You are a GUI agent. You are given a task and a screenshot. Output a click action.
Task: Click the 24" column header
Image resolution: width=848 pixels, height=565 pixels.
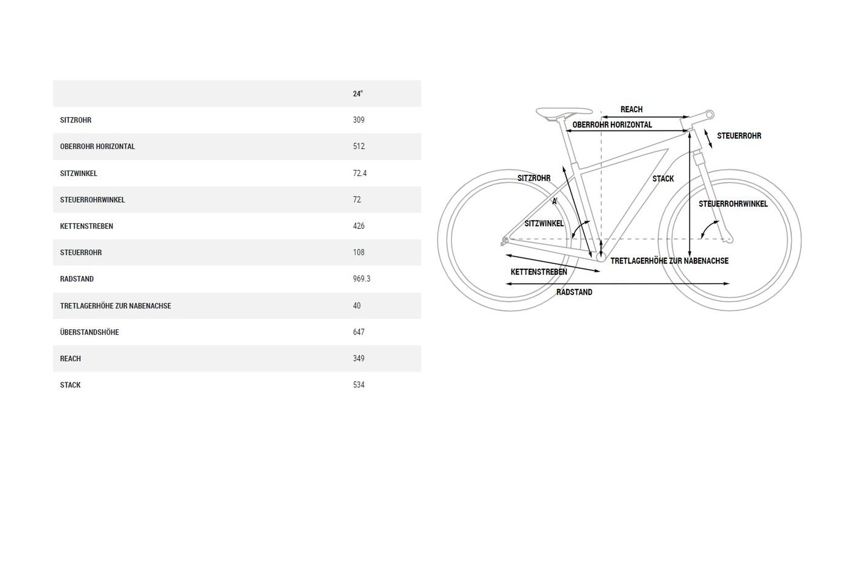click(358, 94)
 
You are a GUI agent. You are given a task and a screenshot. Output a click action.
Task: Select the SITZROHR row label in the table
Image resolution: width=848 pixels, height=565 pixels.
click(76, 120)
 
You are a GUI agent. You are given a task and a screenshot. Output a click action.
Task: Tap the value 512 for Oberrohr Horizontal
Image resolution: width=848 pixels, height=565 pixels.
click(359, 147)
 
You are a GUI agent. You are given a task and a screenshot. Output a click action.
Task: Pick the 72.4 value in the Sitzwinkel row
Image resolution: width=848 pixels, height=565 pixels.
click(360, 173)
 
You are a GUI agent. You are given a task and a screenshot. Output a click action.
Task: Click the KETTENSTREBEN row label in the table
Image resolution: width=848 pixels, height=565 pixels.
click(87, 226)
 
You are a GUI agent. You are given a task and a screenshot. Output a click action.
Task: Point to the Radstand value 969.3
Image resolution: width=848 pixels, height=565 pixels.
click(361, 279)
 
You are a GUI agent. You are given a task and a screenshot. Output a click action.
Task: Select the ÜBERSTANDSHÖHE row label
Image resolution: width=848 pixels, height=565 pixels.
click(90, 332)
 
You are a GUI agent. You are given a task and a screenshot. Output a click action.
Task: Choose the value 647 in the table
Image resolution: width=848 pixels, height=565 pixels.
click(359, 332)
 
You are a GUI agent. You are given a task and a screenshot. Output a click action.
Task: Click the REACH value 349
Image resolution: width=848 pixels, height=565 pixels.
click(359, 358)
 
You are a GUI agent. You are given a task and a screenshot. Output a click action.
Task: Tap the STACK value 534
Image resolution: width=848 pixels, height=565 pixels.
click(359, 385)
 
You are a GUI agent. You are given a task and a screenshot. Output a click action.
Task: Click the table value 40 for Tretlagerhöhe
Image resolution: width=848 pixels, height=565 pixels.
click(357, 305)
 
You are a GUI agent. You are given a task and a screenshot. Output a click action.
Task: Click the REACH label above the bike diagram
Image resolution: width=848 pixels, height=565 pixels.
click(631, 109)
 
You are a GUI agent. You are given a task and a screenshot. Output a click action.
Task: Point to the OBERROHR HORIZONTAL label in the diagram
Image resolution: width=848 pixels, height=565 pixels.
click(612, 125)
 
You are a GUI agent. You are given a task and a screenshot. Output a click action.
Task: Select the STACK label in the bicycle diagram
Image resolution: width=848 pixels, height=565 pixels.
click(663, 179)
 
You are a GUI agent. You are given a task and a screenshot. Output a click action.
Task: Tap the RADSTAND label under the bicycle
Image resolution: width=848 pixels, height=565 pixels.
click(574, 292)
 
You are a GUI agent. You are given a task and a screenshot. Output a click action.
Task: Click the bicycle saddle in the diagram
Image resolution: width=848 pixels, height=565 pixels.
click(564, 112)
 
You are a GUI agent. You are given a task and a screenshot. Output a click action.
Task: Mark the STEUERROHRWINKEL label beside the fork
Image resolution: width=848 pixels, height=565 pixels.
click(733, 204)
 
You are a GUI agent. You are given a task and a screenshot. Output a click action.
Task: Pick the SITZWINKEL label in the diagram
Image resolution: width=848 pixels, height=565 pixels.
click(544, 224)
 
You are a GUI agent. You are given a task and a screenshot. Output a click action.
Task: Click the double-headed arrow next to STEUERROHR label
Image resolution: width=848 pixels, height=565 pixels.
click(708, 138)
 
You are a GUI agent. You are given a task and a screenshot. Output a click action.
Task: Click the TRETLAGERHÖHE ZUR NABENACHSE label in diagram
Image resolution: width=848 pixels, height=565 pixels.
click(670, 261)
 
